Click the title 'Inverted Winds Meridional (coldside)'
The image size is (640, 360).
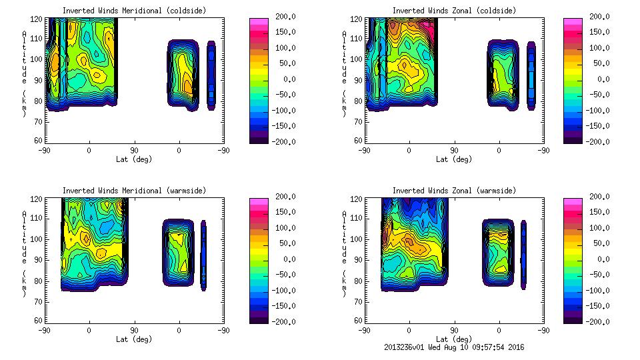pos(135,11)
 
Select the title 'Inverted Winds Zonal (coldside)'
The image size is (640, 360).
pos(455,11)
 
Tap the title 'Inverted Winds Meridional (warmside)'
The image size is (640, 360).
pos(135,191)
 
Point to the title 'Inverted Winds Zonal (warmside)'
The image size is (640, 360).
pos(455,191)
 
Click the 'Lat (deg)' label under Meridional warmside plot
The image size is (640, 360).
pos(135,339)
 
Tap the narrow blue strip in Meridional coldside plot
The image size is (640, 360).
pos(211,75)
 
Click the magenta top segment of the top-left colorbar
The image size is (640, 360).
pos(258,23)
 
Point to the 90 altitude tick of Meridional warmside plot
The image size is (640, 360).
pos(40,259)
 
